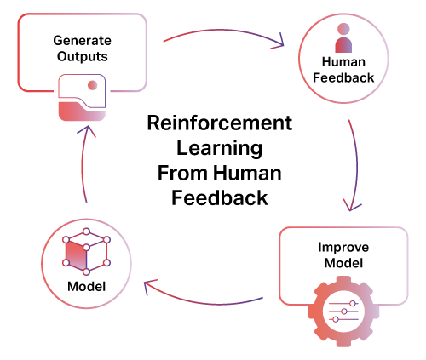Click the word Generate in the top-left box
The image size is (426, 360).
coord(82,41)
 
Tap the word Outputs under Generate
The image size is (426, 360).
coord(83,56)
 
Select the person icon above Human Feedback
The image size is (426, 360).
coord(343,37)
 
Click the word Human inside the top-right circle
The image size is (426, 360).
coord(343,62)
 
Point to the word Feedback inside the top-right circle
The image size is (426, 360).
coord(343,77)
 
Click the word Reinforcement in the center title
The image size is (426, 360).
coord(220,123)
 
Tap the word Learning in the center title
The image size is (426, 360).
coord(220,148)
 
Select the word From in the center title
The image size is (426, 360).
coord(182,173)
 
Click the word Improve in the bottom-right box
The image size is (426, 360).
coord(343,248)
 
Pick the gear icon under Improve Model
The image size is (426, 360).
coord(343,311)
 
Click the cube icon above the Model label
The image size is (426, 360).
coord(86,251)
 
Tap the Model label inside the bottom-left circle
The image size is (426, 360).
coord(87,286)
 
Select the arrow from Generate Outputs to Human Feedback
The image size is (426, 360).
coord(224,30)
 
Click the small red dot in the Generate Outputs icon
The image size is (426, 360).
coord(93,85)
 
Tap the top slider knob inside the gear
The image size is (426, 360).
coord(353,304)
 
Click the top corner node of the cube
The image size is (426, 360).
coord(86,231)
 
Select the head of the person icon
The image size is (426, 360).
coord(343,29)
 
